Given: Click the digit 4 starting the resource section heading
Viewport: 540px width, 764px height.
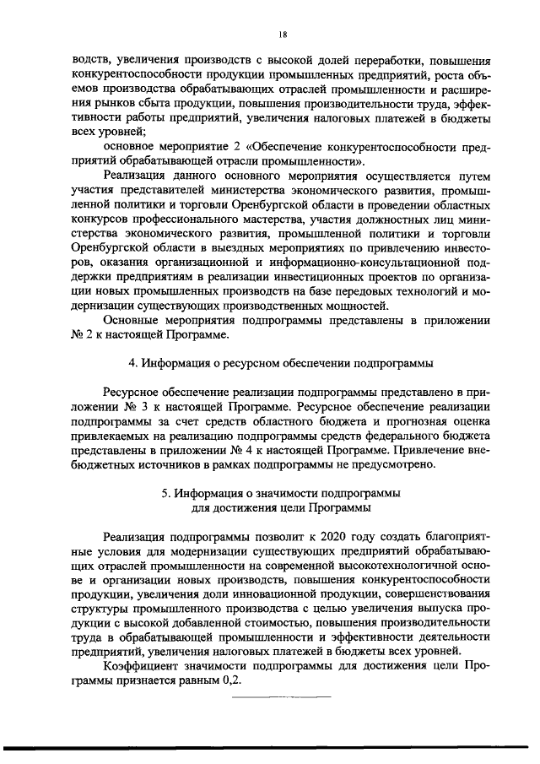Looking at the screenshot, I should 130,364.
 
